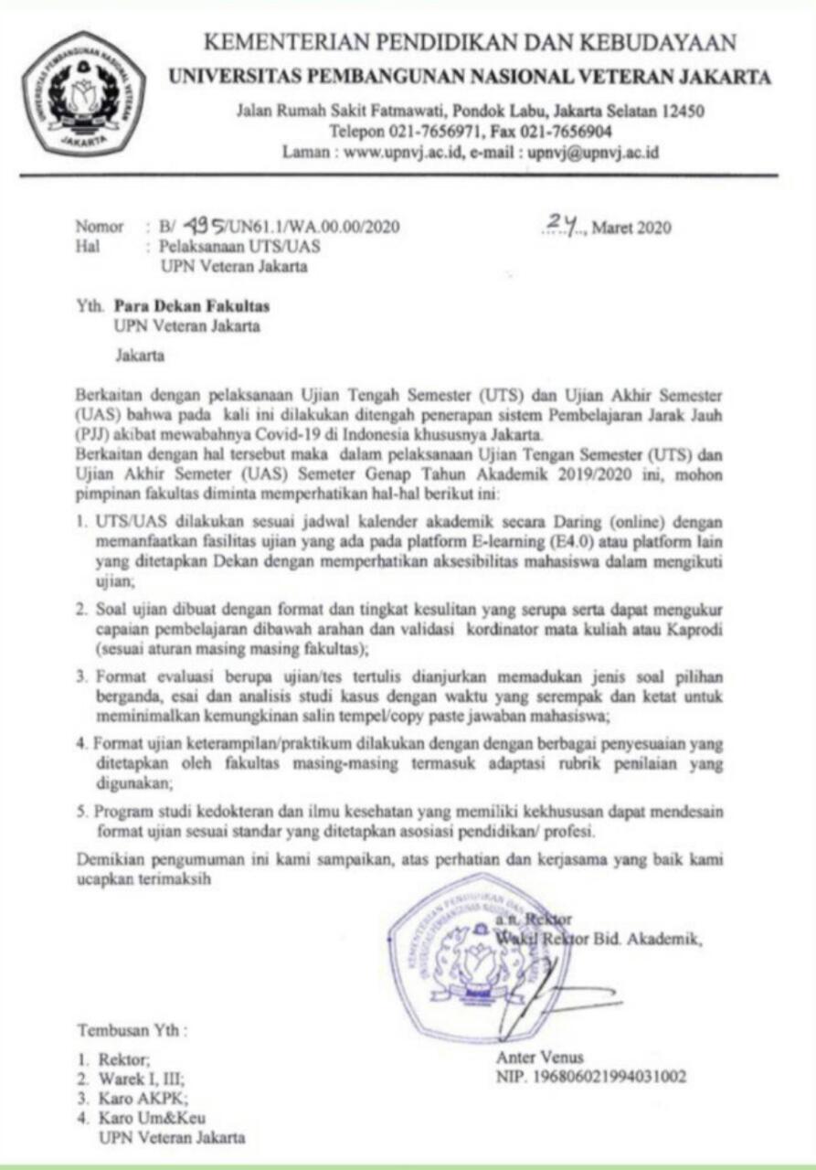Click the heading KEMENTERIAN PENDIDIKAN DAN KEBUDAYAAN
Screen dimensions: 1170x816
[470, 42]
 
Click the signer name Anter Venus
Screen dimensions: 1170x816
[539, 1058]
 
